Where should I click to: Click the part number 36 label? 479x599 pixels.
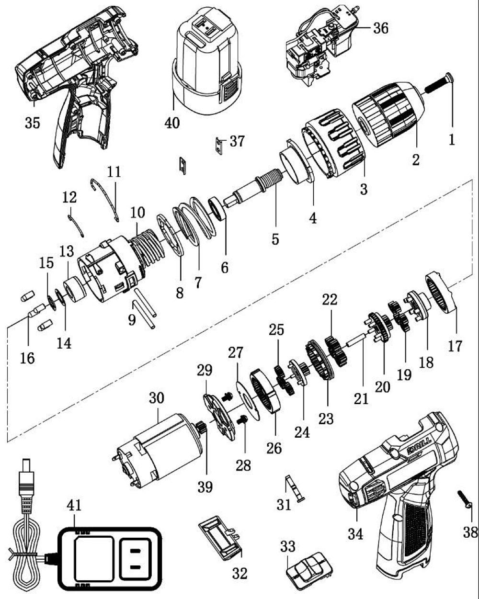pyautogui.click(x=381, y=28)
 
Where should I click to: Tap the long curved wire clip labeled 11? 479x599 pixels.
pyautogui.click(x=108, y=196)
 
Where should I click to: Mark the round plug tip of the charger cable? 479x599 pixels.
pyautogui.click(x=25, y=468)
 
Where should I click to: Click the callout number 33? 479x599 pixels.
pyautogui.click(x=289, y=546)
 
